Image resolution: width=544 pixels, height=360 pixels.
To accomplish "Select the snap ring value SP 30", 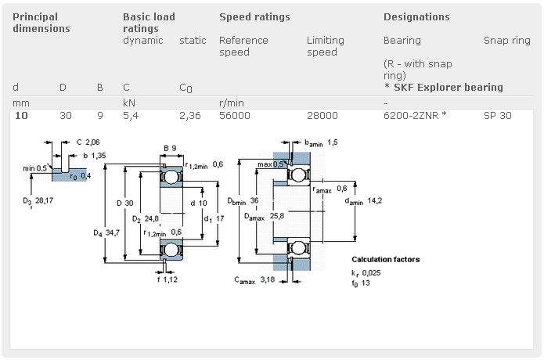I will (497, 115).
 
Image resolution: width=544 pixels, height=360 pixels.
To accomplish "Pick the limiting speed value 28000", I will (322, 115).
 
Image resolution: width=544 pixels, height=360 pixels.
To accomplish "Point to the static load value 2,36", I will (189, 115).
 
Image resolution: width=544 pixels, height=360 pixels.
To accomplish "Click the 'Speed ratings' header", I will (254, 16).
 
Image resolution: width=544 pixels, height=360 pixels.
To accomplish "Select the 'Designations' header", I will (416, 16).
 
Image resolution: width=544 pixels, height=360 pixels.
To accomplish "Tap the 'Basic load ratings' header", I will (149, 22).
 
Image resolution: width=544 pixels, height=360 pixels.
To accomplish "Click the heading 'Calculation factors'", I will (385, 259).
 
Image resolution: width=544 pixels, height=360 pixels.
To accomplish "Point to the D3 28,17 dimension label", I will (40, 201).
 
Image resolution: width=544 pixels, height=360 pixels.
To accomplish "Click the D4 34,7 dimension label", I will (108, 232).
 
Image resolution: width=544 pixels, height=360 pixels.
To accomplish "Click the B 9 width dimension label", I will (170, 148).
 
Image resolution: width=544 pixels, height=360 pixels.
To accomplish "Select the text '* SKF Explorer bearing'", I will (443, 87).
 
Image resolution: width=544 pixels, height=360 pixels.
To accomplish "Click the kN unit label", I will (129, 103).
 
